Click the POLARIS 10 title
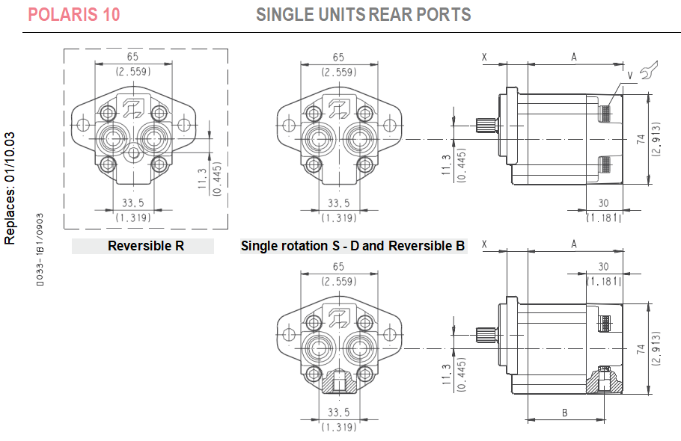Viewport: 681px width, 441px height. [x=73, y=14]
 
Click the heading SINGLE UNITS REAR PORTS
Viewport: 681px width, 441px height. [x=363, y=14]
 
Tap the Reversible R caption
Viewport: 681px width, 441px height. [x=145, y=246]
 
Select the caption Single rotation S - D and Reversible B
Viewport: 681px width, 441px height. [x=353, y=246]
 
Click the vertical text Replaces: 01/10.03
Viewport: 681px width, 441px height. [x=10, y=188]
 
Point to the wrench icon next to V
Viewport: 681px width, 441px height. [x=647, y=73]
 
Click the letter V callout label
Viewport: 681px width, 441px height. [x=630, y=75]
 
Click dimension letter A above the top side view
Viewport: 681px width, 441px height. [x=574, y=57]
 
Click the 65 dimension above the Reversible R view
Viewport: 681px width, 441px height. [x=133, y=57]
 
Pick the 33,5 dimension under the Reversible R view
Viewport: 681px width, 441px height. [x=132, y=203]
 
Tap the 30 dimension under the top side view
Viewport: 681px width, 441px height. [x=603, y=203]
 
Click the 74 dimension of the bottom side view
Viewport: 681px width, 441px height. [x=640, y=348]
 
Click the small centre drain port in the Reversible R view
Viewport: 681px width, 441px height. [x=133, y=152]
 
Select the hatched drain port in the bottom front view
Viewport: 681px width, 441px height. [x=338, y=383]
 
